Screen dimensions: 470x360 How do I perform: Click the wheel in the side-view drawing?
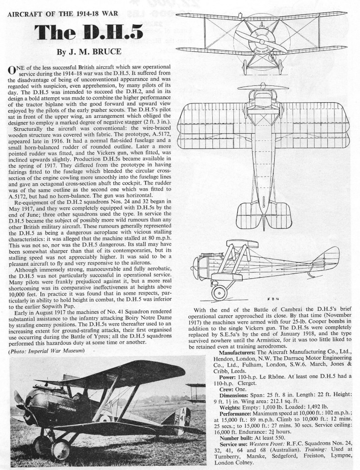pos(219,291)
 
